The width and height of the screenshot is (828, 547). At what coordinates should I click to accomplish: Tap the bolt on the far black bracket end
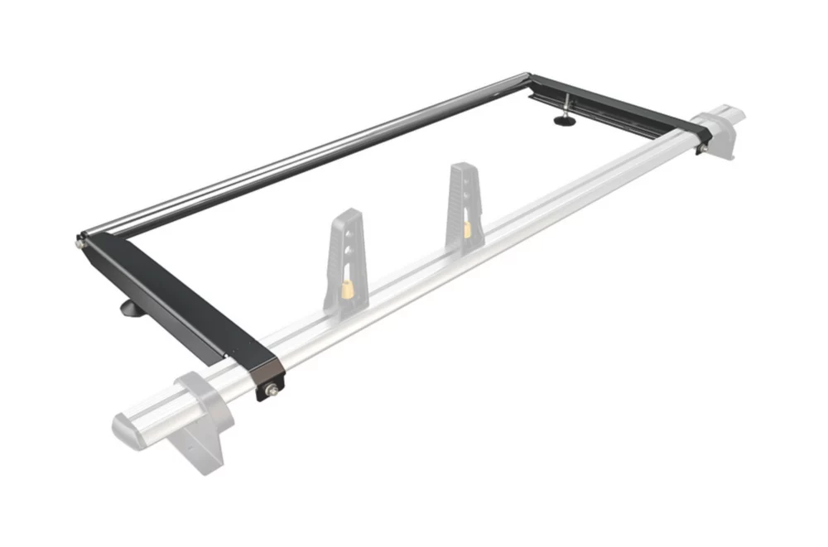700,147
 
